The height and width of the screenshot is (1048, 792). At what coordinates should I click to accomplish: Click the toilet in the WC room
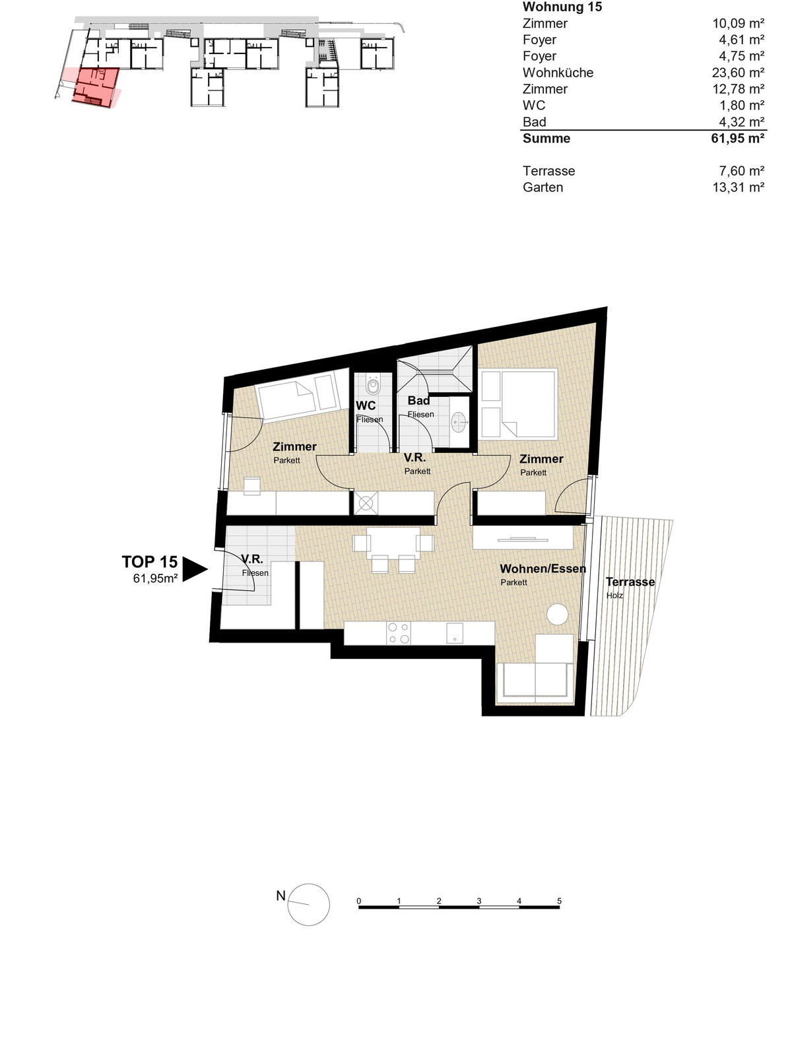(373, 385)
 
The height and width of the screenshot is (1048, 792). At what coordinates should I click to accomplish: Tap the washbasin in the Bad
(459, 421)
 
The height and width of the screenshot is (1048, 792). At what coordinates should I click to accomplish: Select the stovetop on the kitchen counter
(399, 633)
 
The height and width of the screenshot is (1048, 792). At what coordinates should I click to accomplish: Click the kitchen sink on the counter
(454, 633)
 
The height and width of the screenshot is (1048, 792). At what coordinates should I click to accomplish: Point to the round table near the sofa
(557, 614)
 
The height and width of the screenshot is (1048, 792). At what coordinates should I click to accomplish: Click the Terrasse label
(630, 582)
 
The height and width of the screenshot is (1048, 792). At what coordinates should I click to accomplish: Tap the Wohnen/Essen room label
(543, 569)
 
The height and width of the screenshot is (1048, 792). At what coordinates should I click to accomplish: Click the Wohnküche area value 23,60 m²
(738, 73)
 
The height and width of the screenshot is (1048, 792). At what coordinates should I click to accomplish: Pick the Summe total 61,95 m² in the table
(738, 139)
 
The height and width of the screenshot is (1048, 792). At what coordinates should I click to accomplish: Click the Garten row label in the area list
(543, 187)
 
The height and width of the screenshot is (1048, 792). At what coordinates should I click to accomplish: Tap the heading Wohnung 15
(562, 7)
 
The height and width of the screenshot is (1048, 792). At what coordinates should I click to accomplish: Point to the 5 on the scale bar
(559, 901)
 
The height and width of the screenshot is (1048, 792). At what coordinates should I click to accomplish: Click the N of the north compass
(280, 895)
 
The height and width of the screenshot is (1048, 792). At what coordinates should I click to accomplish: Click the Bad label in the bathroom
(418, 401)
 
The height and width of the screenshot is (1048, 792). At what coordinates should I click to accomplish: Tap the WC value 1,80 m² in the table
(741, 106)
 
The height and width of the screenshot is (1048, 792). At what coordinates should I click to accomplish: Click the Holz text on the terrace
(614, 596)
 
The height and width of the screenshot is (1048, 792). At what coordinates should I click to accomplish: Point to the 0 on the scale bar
(359, 901)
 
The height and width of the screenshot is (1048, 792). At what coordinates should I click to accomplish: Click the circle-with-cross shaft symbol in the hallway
(366, 503)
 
